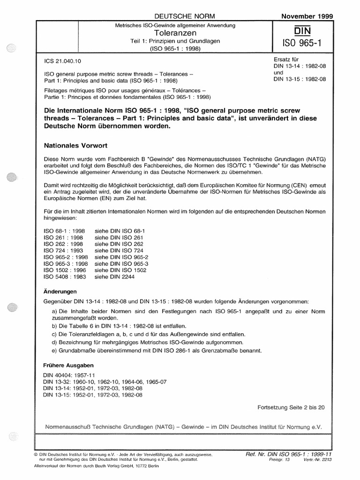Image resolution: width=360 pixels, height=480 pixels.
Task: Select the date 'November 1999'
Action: (x=307, y=15)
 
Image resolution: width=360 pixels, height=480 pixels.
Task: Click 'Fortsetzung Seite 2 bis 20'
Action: (x=291, y=408)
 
